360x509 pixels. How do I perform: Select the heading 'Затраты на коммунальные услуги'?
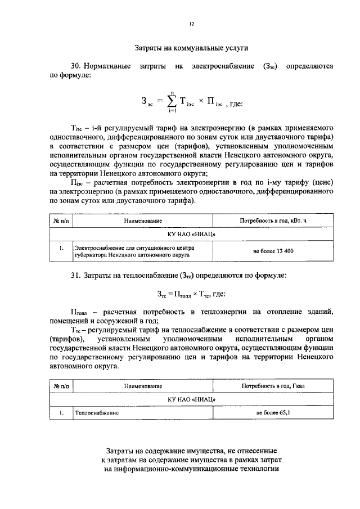pos(191,48)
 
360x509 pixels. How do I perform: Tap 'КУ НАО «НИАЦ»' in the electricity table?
pos(191,234)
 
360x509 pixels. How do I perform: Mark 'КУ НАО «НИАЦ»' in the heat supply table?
pos(191,399)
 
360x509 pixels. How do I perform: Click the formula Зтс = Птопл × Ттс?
pos(191,294)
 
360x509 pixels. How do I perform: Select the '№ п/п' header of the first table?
pos(61,221)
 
